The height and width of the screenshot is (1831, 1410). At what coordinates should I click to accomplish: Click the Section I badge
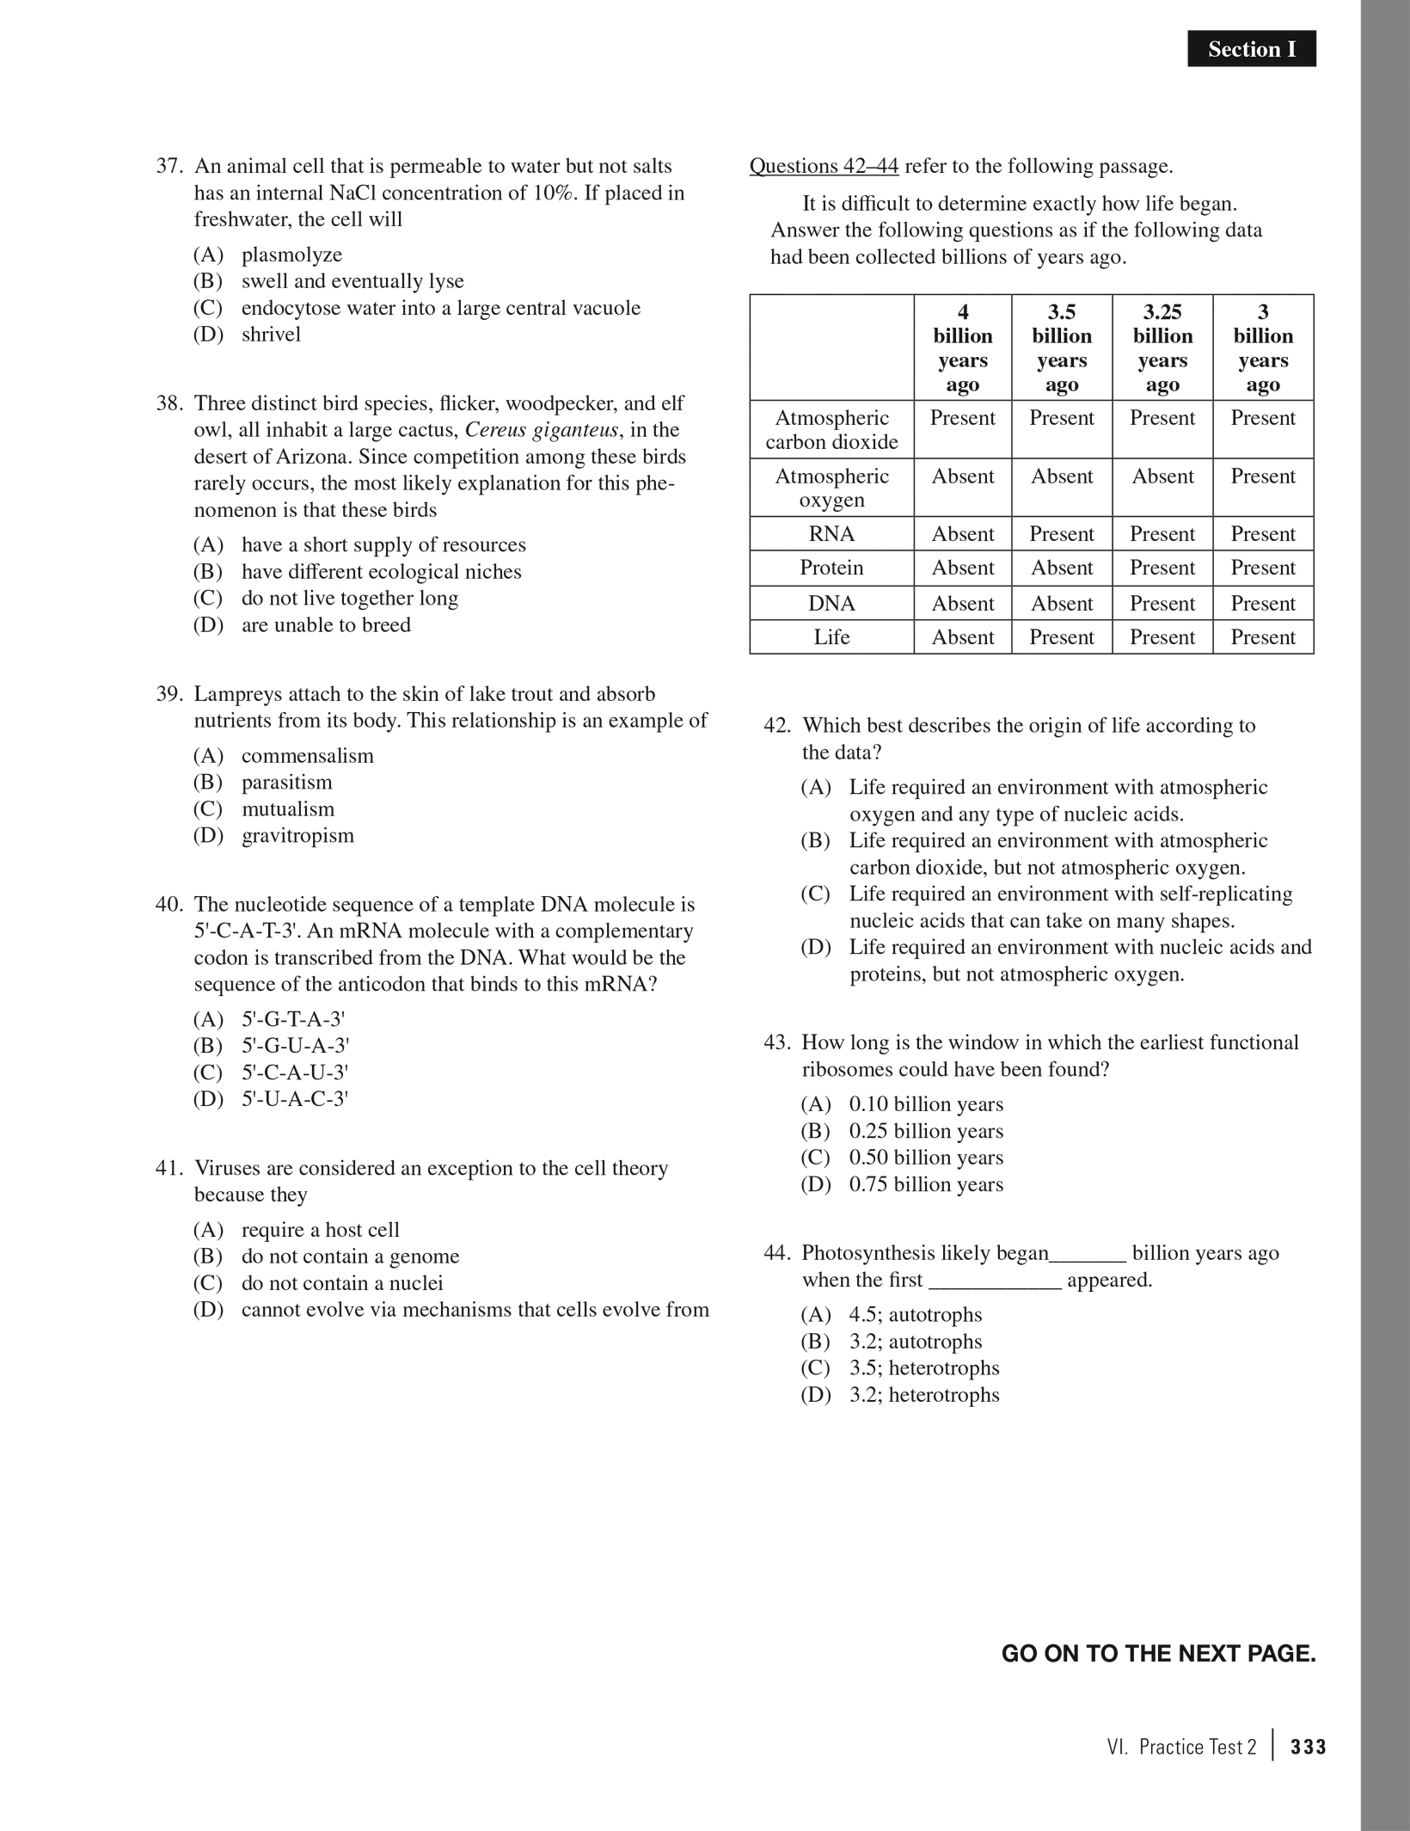[1251, 49]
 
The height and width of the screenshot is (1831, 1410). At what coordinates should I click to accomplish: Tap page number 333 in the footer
[1309, 1747]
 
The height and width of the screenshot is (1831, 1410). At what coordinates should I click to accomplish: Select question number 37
[169, 166]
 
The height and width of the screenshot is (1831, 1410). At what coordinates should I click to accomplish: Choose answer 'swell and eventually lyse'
[352, 281]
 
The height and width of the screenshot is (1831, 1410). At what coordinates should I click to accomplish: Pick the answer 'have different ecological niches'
[381, 572]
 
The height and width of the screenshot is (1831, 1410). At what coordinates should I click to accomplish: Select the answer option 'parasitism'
[286, 783]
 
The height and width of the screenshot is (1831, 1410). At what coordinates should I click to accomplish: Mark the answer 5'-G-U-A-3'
[295, 1046]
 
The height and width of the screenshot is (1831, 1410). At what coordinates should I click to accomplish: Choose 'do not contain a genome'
[350, 1257]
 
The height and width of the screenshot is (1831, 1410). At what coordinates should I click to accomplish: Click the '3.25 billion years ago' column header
[1162, 347]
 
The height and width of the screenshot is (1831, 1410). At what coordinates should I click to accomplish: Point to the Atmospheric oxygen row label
[831, 488]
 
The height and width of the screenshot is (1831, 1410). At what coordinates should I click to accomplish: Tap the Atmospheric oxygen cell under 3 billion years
[1262, 476]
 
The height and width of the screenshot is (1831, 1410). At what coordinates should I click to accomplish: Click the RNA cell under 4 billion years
[962, 534]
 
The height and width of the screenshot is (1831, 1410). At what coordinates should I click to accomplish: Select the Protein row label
[831, 568]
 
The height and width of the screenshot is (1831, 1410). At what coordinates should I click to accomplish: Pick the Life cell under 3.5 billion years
[1062, 637]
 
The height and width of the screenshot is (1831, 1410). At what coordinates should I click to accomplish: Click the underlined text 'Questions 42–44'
[824, 166]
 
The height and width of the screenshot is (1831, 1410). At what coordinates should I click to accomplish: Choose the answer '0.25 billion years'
[926, 1131]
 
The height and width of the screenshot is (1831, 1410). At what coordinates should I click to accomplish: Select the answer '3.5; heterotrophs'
[924, 1368]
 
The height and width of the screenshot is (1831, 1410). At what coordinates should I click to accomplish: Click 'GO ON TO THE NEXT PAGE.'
[1158, 1653]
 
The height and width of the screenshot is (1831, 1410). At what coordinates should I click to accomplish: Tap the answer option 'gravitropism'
[297, 836]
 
